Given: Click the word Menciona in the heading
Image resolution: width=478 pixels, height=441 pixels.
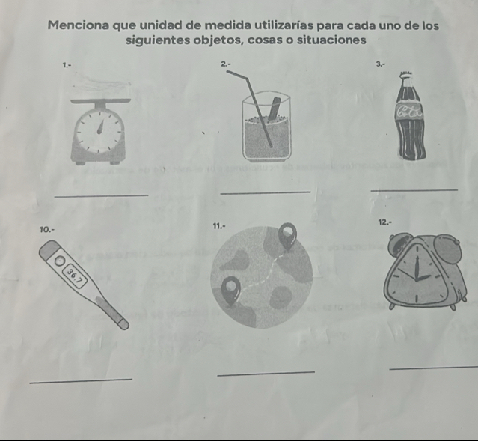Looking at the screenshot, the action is pyautogui.click(x=78, y=25).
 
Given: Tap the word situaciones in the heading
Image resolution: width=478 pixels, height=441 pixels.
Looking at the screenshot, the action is pyautogui.click(x=331, y=40).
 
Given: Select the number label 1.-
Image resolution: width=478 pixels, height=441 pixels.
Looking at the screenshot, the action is pyautogui.click(x=67, y=64).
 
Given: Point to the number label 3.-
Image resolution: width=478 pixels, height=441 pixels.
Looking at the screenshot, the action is pyautogui.click(x=381, y=64).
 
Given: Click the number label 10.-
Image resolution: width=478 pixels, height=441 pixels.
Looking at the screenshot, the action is pyautogui.click(x=47, y=229).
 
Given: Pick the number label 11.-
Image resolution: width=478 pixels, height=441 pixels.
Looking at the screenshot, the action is pyautogui.click(x=219, y=226).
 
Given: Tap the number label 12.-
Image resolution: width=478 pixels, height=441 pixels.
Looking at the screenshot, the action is pyautogui.click(x=384, y=222).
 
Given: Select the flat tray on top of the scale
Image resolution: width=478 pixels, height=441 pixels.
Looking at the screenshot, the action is pyautogui.click(x=101, y=101).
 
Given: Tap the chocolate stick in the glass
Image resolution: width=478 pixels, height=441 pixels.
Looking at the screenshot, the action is pyautogui.click(x=275, y=109).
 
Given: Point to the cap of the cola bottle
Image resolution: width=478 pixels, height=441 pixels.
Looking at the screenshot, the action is pyautogui.click(x=408, y=74).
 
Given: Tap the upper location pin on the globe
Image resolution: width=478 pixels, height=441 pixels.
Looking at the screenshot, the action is pyautogui.click(x=287, y=235).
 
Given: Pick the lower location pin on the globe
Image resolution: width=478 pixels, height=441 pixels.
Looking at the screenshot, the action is pyautogui.click(x=230, y=290).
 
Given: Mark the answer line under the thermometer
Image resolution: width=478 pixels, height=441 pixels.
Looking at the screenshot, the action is pyautogui.click(x=81, y=380).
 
